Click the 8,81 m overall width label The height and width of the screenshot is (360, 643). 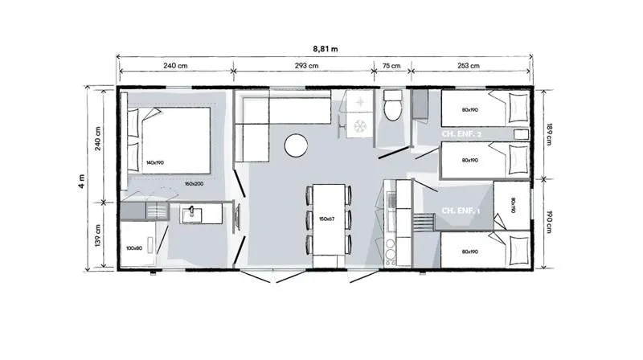(x=325, y=49)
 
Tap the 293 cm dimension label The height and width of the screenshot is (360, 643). (x=305, y=67)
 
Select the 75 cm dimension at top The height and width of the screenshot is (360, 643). (x=391, y=67)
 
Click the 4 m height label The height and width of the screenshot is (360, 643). (x=81, y=180)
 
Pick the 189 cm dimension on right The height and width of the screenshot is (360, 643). (x=550, y=134)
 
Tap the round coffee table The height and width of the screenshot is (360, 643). (x=296, y=145)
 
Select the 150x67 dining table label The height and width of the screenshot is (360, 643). (x=327, y=219)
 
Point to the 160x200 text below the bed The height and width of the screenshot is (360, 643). (x=194, y=183)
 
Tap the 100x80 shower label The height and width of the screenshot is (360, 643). (x=134, y=248)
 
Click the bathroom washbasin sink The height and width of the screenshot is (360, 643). (x=191, y=214)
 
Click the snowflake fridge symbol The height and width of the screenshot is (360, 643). (x=358, y=126)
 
